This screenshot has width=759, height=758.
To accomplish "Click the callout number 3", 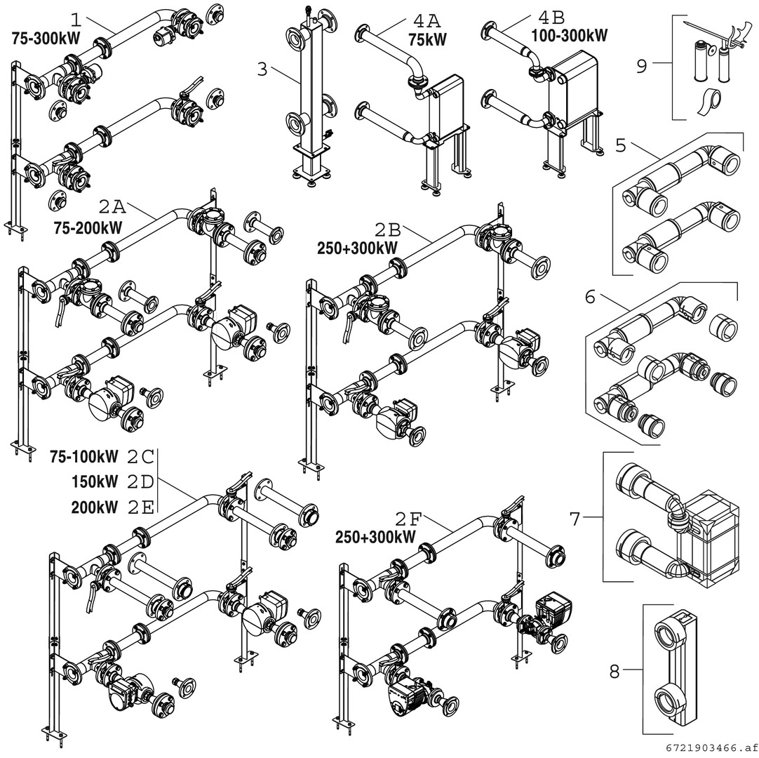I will point(262,69).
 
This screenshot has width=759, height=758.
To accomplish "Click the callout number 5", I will point(620,146).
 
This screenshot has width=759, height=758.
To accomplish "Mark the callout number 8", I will point(614,672).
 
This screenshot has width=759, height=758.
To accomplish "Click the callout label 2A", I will point(110,208).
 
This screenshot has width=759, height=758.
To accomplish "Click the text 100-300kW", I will point(569,35).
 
